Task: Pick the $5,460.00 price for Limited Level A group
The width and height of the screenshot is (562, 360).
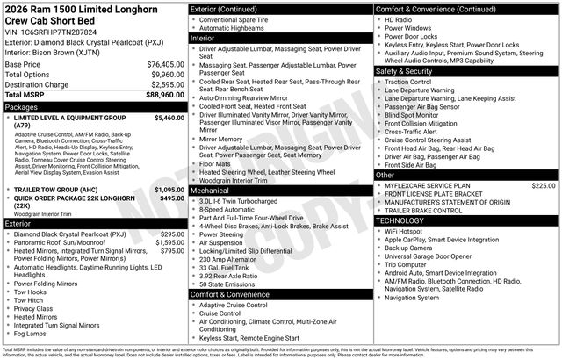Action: (x=169, y=117)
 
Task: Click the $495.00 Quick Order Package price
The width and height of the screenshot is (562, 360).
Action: (x=172, y=198)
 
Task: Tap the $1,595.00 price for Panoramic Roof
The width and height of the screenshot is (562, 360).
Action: (x=169, y=242)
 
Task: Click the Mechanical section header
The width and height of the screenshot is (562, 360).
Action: (x=210, y=190)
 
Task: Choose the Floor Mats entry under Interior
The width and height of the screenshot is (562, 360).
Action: (x=215, y=163)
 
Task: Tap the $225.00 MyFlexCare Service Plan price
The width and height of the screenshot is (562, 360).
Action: (x=543, y=185)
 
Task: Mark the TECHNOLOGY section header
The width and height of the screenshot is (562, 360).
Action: (x=403, y=220)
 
